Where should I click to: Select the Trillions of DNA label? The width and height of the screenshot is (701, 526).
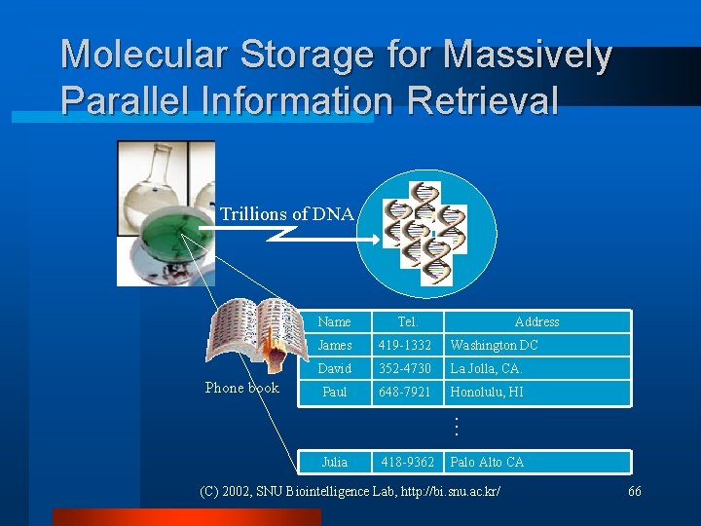[x=286, y=214]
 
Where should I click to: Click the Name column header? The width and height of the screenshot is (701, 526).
[x=334, y=322]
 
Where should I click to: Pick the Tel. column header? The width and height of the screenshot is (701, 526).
[x=408, y=322]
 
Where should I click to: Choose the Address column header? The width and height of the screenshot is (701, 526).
[x=536, y=322]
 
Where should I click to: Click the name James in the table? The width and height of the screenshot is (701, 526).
[x=335, y=346]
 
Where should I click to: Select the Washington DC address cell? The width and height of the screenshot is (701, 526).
[x=494, y=346]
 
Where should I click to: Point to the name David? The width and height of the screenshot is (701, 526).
[x=334, y=369]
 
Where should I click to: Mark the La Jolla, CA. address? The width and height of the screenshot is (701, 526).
[x=486, y=369]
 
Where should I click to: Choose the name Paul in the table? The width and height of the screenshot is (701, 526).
[x=334, y=393]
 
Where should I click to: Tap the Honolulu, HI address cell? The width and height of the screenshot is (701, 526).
[x=487, y=393]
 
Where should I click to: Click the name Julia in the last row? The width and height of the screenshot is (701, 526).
[x=334, y=462]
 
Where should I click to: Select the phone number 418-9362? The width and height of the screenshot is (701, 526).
[x=408, y=462]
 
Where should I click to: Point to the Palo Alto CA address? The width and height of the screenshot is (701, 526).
[x=487, y=462]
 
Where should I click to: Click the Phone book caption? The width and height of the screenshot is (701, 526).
[x=241, y=388]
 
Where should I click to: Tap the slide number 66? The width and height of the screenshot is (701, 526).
[x=634, y=491]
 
